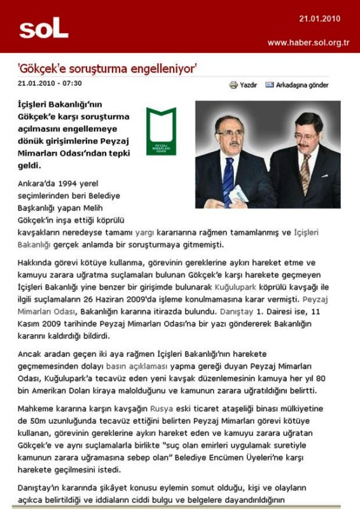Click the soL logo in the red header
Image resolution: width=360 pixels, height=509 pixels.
43,28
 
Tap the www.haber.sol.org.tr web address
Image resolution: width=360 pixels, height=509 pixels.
308,43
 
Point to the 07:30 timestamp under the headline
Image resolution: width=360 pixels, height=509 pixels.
73,83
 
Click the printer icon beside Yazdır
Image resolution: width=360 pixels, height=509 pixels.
233,85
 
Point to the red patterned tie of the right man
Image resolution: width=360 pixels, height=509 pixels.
305,172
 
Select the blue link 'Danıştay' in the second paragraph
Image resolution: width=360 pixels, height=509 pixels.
237,312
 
